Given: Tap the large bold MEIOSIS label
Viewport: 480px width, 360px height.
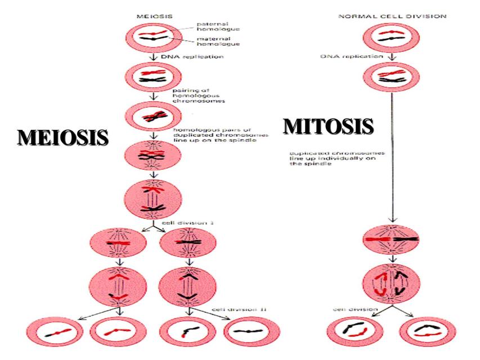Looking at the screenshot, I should click(62, 137).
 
